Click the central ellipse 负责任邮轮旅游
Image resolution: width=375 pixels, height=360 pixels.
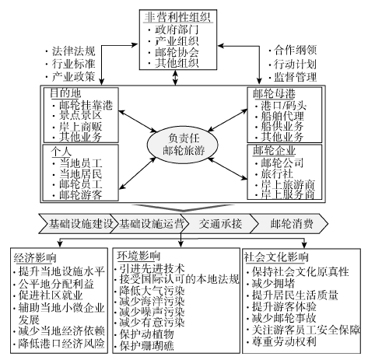tap(183, 145)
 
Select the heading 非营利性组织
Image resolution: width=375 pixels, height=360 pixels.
tap(177, 17)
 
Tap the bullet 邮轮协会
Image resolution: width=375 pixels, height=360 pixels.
tap(177, 52)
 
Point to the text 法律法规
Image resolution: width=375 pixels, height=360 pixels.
tap(74, 51)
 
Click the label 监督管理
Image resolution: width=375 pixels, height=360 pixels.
tap(296, 77)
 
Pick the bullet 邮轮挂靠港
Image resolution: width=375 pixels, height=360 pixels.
tap(86, 105)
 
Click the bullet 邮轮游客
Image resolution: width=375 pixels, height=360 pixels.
tap(81, 194)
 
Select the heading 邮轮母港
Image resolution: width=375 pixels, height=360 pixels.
tap(274, 93)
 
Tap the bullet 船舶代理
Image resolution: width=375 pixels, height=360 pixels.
tap(282, 116)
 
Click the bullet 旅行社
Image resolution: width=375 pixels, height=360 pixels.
tap(277, 173)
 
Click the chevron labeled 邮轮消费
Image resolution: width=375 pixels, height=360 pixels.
tap(289, 223)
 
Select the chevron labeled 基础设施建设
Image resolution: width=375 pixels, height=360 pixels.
tap(77, 223)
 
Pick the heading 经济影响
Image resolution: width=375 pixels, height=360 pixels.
tap(35, 257)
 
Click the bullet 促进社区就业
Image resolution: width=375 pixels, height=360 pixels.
tap(51, 295)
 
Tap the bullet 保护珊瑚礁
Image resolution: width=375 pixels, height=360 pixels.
tap(147, 345)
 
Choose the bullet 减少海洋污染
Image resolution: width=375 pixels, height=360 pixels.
tap(152, 301)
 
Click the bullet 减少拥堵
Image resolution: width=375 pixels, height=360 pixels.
tap(274, 283)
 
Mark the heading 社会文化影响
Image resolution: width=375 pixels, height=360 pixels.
tap(276, 257)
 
